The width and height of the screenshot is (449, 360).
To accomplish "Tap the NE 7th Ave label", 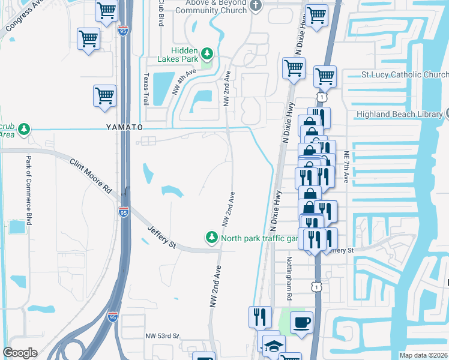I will [x=346, y=166].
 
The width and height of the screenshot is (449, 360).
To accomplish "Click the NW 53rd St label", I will [x=163, y=336].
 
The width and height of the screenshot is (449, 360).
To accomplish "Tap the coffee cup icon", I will [x=301, y=322].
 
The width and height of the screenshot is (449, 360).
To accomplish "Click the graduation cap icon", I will [x=273, y=346].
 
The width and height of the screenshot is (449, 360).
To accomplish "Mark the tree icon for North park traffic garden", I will [x=211, y=238].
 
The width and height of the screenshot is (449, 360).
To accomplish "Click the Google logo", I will [x=20, y=353].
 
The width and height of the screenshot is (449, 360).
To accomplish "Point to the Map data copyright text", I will [x=424, y=355].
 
